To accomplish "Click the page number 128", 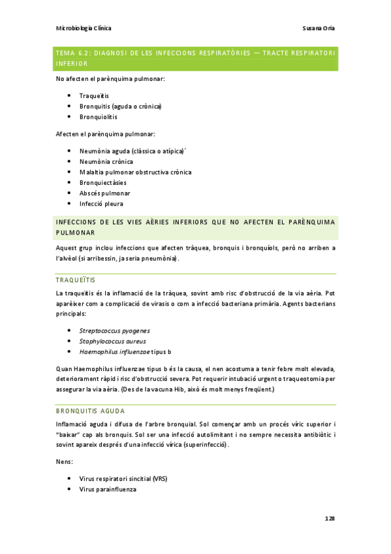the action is pos(330,518).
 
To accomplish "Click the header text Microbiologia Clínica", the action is pos(84,28).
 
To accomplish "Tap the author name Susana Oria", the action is pos(319,28).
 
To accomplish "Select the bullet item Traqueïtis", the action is pos(94,95).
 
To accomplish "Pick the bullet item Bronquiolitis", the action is pos(99,117).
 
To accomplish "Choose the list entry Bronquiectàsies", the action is pos(102,182).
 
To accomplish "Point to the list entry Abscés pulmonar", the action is pos(104,193).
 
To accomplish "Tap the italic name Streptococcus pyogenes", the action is pos(114,331).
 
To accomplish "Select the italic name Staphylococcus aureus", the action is pos(112,341).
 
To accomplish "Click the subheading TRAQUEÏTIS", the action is pos(76,280).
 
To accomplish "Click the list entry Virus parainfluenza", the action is pos(108,489).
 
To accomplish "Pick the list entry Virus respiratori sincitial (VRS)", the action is pos(123,478).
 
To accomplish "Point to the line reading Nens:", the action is pos(65,461).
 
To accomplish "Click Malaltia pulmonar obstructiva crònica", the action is pos(135,172).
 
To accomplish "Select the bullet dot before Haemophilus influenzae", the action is pos(69,351).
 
